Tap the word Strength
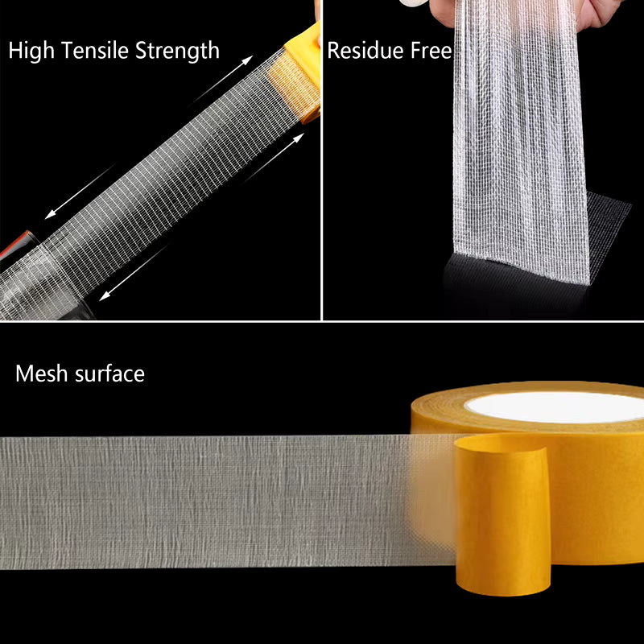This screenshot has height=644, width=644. (x=176, y=52)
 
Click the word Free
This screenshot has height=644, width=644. (x=430, y=51)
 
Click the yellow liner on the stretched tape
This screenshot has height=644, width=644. (x=295, y=80)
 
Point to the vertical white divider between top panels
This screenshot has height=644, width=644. (x=322, y=161)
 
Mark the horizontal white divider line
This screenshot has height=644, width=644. (x=322, y=320)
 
